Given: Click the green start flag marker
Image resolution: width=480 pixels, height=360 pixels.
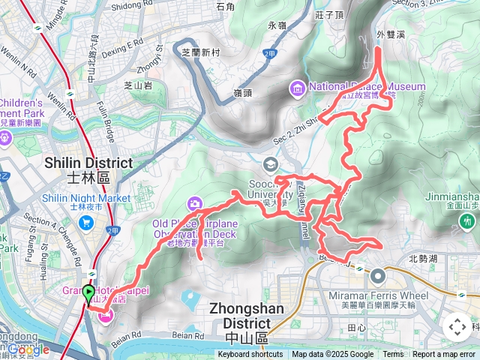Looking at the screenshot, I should click(88, 294).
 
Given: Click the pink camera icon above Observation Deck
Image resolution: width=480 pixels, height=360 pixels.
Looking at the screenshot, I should click(195, 203).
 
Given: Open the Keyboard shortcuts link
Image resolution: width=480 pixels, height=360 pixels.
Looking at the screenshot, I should click(250, 355).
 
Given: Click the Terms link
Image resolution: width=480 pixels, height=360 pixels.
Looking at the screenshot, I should click(393, 355).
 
